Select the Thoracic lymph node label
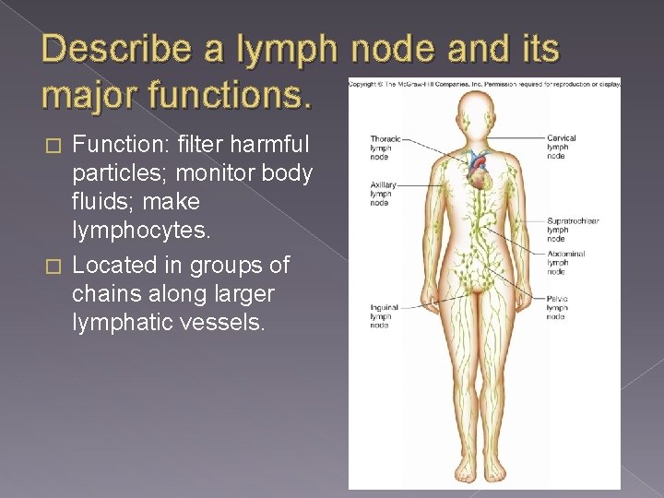pyautogui.click(x=382, y=147)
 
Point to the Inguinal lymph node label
pyautogui.click(x=381, y=316)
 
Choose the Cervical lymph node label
pyautogui.click(x=562, y=147)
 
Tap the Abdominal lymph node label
pyautogui.click(x=564, y=263)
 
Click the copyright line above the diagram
pyautogui.click(x=483, y=84)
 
